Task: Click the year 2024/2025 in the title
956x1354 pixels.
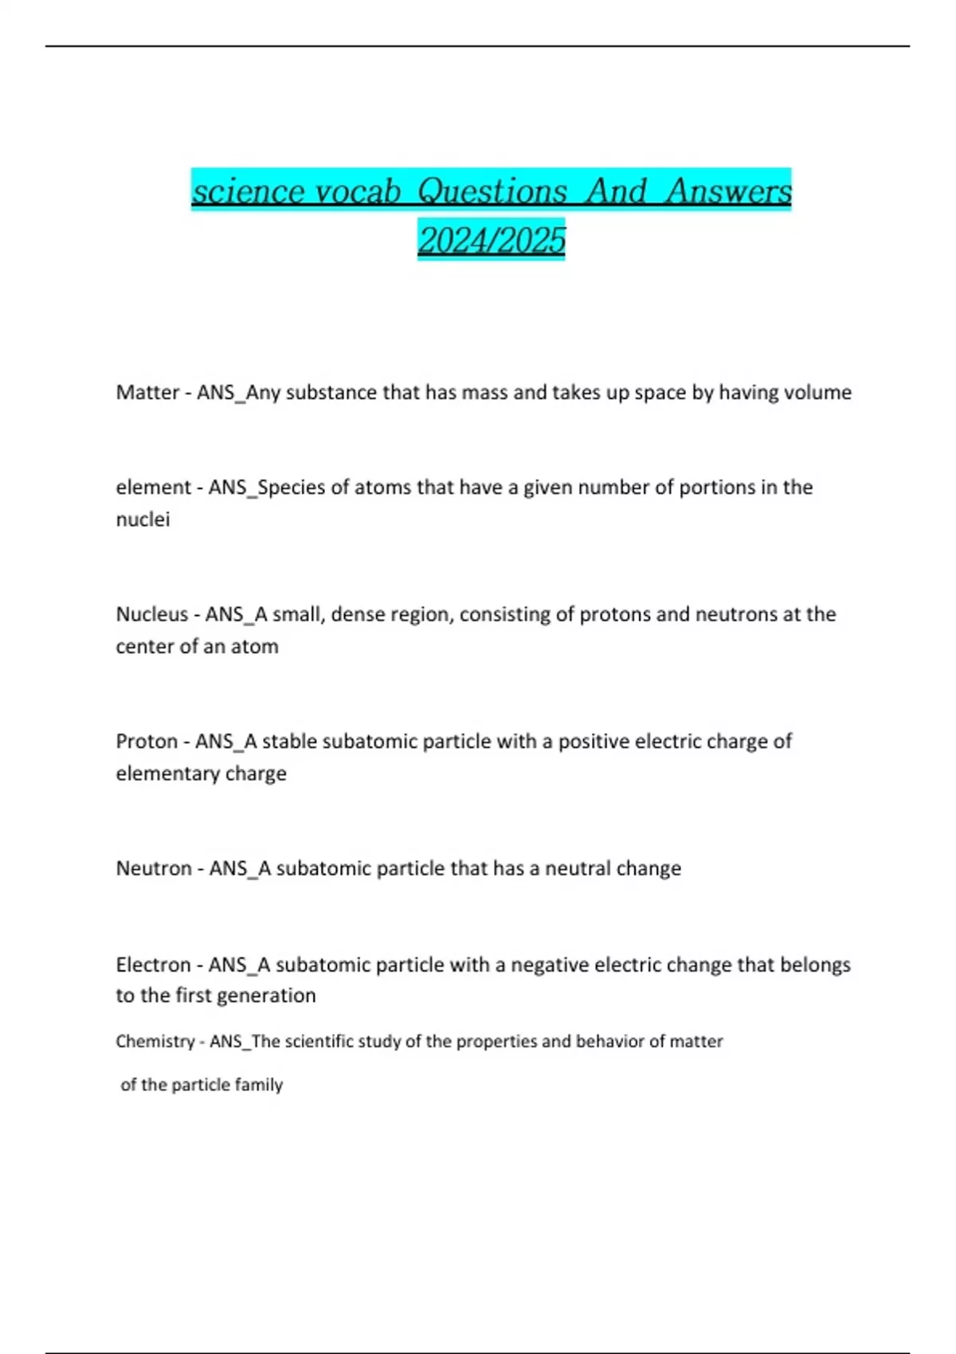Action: tap(492, 240)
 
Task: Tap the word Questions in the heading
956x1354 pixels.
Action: tap(492, 191)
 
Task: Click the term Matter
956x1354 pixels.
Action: tap(147, 393)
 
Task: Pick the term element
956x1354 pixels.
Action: tap(153, 487)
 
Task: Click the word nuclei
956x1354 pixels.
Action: tap(143, 519)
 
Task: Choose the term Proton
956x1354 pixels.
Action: tap(146, 742)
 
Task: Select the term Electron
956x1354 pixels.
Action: tap(153, 965)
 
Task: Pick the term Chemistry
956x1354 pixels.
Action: tap(155, 1042)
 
